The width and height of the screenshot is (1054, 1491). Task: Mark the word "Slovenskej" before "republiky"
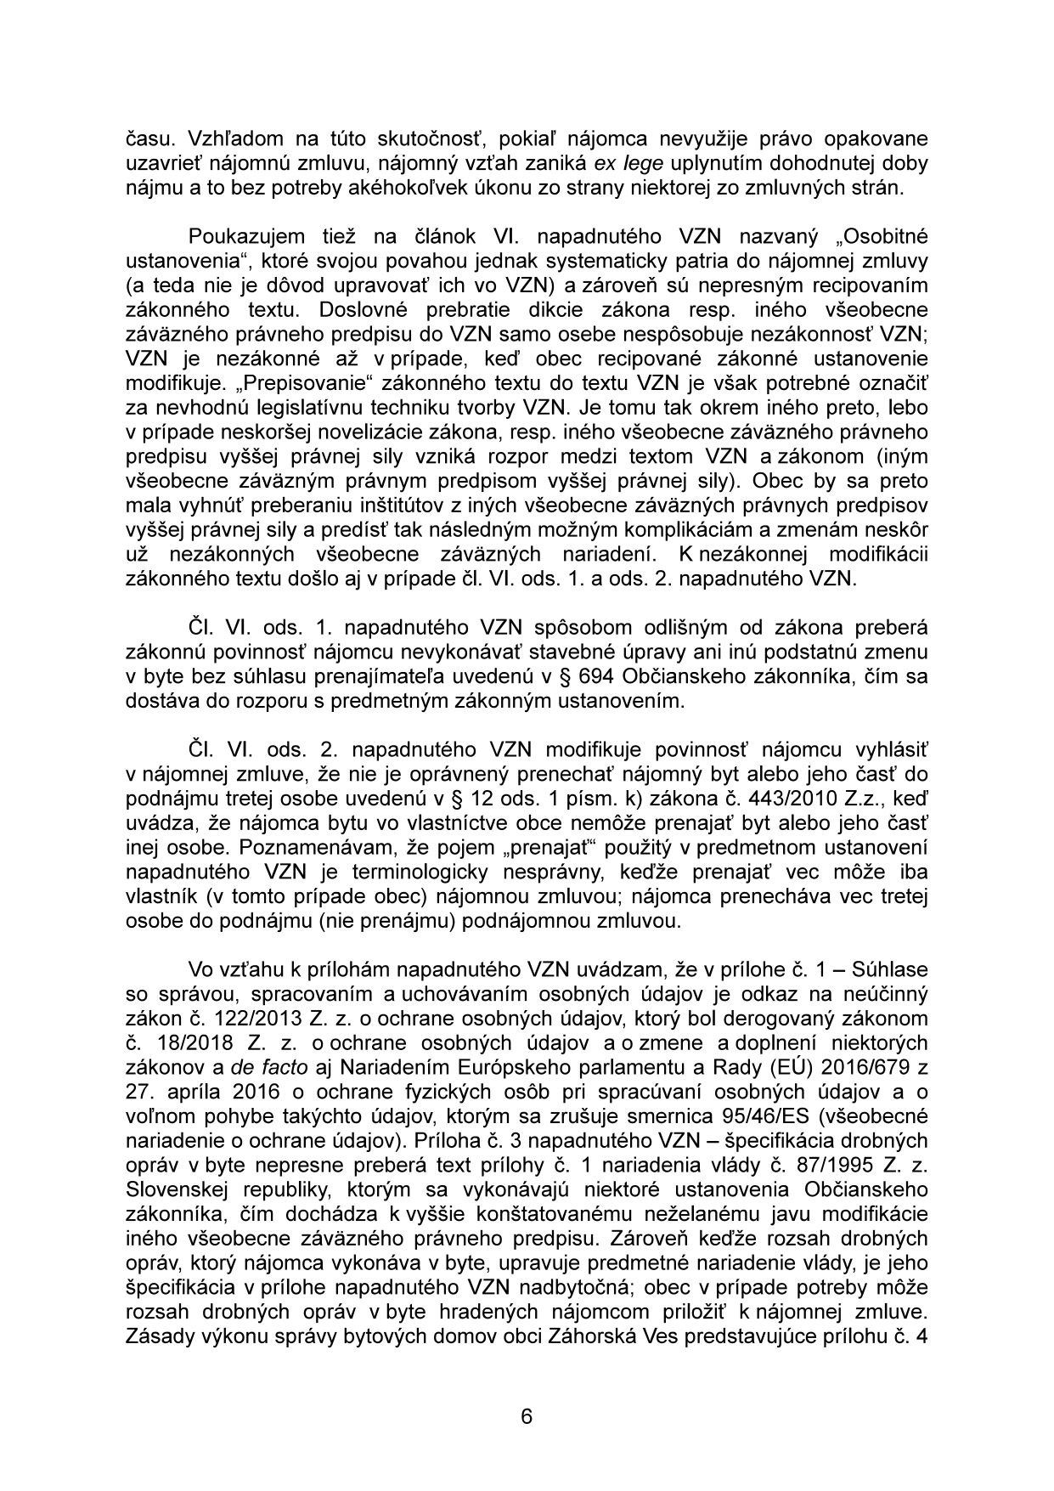(x=175, y=1189)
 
